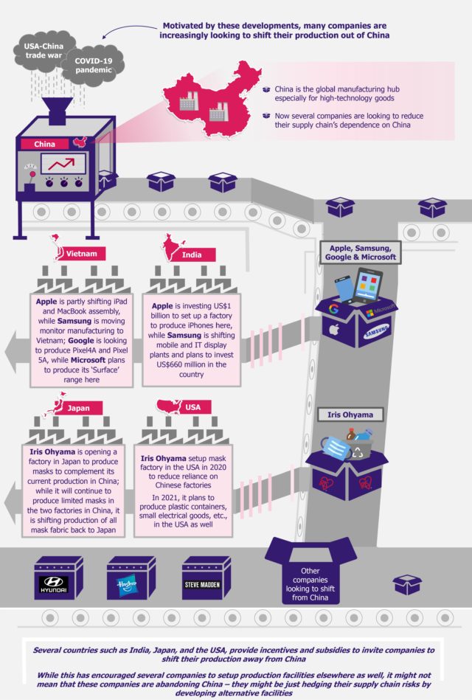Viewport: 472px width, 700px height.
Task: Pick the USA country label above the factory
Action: pos(192,408)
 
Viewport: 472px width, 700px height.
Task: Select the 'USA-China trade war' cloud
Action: pos(38,52)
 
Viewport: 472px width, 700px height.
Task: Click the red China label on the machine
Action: pos(45,145)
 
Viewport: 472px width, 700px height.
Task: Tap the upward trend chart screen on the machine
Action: pos(63,164)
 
